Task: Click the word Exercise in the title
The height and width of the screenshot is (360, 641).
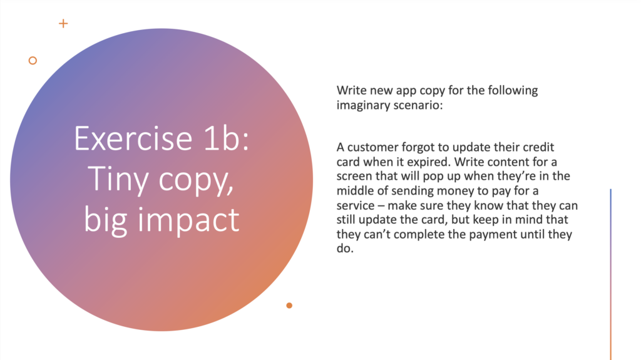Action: point(133,139)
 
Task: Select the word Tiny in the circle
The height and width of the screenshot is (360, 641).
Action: point(118,179)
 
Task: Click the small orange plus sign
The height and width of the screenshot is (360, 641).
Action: point(63,23)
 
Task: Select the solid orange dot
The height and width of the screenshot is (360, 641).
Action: point(289,305)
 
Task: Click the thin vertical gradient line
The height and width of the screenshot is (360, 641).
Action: point(611,274)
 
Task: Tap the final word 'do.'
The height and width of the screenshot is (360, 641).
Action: point(345,249)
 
